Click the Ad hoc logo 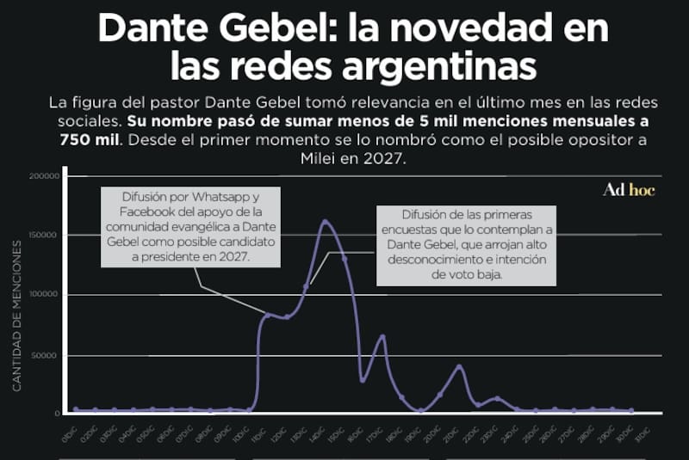[628, 190]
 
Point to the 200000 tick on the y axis [44, 176]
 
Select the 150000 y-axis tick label [44, 235]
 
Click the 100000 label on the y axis [44, 295]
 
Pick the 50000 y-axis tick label [47, 354]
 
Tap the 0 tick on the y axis [56, 414]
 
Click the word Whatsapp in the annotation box [226, 197]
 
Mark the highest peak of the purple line [326, 221]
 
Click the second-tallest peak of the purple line [382, 336]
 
